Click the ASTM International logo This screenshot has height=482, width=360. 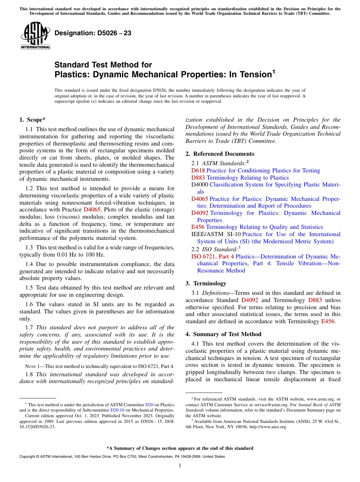click(x=35, y=36)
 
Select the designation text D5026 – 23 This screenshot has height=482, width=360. click(x=93, y=33)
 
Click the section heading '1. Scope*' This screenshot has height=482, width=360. click(x=32, y=120)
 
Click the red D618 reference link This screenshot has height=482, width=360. click(x=198, y=171)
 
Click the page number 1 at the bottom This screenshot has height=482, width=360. click(x=180, y=465)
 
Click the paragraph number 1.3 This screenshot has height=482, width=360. click(x=30, y=247)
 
